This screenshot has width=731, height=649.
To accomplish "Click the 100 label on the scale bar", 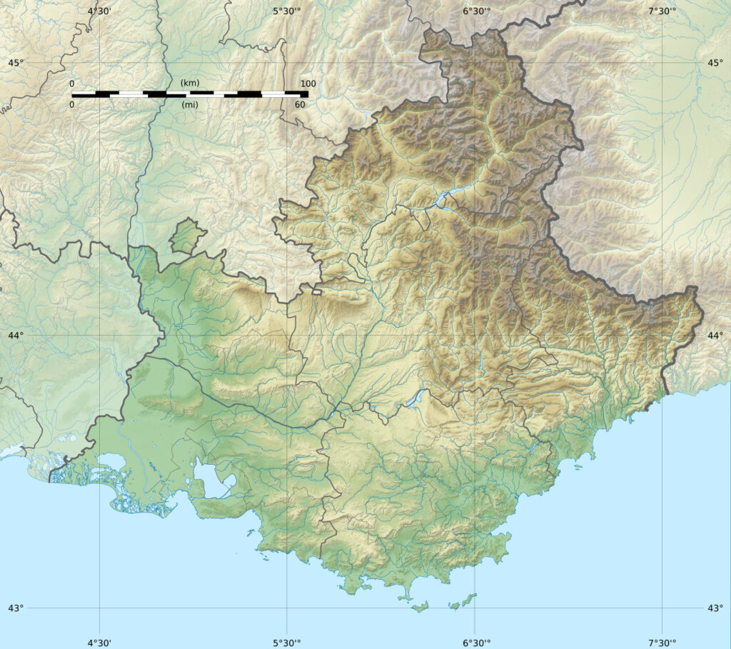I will (308, 84).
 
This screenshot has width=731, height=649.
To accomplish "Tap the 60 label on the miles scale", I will (300, 105).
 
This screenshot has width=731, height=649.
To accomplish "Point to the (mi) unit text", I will (190, 105).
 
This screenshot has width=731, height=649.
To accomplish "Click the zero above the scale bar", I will (72, 84).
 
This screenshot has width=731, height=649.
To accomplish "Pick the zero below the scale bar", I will (72, 105).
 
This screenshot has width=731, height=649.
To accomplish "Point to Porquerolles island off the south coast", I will (421, 607).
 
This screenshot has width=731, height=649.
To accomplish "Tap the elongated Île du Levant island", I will (468, 598).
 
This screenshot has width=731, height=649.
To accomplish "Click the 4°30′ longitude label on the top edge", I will (99, 10).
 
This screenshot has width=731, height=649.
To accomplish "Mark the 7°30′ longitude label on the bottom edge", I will (662, 642).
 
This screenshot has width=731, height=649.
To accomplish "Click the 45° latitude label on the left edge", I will (15, 63).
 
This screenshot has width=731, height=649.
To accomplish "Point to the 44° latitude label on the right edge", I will (715, 335).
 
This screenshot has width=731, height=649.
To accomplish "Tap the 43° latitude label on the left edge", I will (15, 608).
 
